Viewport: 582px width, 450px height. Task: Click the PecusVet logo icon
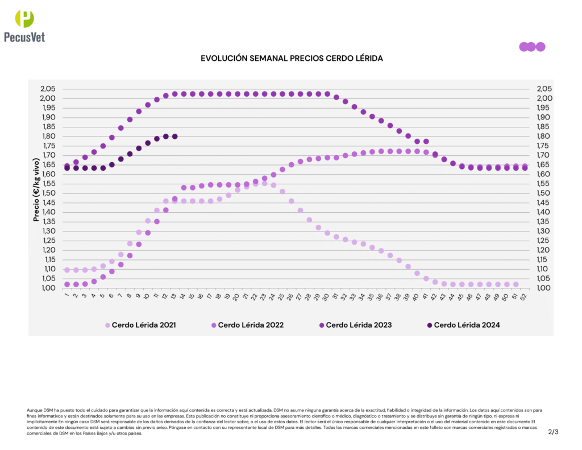coord(24,19)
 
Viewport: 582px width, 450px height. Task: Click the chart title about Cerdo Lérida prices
coord(292,59)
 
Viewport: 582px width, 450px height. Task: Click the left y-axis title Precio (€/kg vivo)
coord(37,188)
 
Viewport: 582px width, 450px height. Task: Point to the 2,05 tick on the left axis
coord(48,89)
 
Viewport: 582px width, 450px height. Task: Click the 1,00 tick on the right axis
coord(544,288)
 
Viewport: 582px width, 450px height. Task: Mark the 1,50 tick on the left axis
coord(48,193)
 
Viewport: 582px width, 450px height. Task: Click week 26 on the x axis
coord(290,296)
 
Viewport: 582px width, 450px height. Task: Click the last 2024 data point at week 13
coord(174,137)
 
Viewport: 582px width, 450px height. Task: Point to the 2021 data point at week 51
coord(516,284)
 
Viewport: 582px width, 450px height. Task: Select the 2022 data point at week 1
coord(67,284)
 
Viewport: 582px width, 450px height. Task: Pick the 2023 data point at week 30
coord(327,94)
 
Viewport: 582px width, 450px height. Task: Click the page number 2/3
coord(554,432)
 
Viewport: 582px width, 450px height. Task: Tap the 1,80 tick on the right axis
coord(544,137)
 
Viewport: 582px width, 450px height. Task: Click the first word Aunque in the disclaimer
coord(34,410)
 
